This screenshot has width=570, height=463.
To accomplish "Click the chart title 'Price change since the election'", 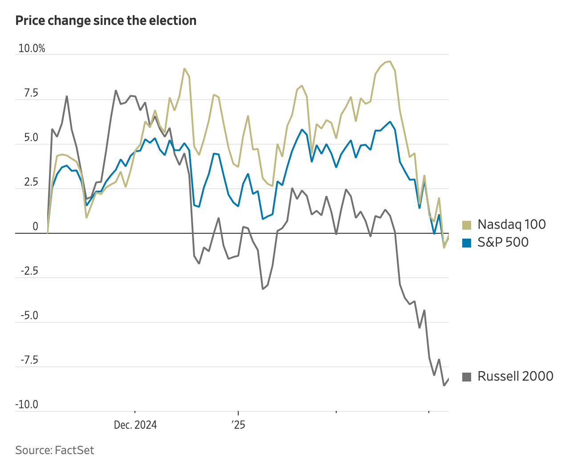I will [x=106, y=21].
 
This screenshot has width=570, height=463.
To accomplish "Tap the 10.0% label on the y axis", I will [x=32, y=49].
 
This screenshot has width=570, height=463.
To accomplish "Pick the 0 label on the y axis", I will [x=35, y=227].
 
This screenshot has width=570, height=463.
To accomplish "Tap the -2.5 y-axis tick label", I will [x=29, y=271].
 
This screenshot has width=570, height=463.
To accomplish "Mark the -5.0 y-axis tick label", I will [x=29, y=316].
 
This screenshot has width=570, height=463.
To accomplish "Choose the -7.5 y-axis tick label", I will [x=29, y=360].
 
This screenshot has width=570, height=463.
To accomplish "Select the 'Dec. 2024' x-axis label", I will [x=135, y=425].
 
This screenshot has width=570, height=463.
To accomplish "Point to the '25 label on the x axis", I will [x=239, y=425].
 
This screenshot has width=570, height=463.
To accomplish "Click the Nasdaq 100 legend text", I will [x=512, y=224].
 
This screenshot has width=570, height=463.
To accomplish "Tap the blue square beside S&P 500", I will [x=467, y=243].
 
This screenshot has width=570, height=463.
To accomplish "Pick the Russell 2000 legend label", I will [x=515, y=376].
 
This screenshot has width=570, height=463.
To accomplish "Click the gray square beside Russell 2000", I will [x=467, y=377].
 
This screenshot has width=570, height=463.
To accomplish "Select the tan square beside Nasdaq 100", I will [x=467, y=225].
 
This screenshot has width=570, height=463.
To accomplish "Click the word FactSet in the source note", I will [x=74, y=450].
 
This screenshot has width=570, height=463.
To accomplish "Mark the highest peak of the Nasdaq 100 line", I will [x=390, y=61].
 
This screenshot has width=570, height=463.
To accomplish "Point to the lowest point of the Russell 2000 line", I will [x=444, y=385].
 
